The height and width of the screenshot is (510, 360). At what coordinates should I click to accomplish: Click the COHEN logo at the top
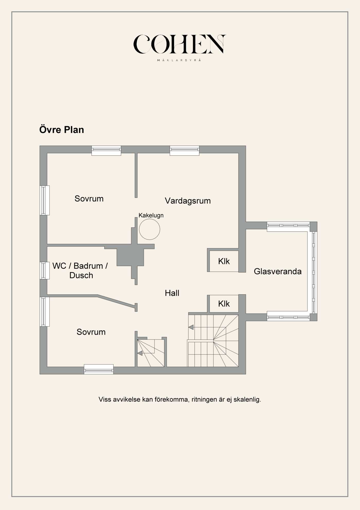click(179, 44)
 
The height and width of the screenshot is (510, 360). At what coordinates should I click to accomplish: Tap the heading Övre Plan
click(62, 130)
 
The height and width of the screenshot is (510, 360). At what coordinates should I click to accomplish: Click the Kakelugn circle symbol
click(149, 229)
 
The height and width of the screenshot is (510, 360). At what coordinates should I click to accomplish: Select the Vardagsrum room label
click(188, 201)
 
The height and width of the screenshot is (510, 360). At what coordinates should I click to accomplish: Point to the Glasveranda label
click(277, 271)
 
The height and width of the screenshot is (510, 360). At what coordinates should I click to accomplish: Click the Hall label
click(172, 293)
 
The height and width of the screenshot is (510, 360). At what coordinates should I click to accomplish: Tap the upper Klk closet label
click(224, 261)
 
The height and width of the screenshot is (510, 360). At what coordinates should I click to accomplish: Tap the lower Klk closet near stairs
click(224, 304)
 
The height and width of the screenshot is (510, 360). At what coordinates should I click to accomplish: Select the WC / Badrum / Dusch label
click(80, 270)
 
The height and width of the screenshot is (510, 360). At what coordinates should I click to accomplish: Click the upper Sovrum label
click(89, 199)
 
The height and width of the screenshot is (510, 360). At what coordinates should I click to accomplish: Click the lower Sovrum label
click(91, 332)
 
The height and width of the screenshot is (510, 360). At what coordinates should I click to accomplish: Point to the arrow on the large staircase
click(191, 327)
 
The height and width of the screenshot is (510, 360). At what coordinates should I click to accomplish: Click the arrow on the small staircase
click(140, 353)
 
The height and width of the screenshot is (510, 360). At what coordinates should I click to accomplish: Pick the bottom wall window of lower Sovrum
click(99, 369)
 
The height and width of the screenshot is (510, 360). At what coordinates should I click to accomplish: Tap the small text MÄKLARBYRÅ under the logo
click(179, 60)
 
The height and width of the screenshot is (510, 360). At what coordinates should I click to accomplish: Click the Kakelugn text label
click(151, 215)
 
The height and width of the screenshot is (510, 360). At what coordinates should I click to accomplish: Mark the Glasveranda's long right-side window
click(313, 271)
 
